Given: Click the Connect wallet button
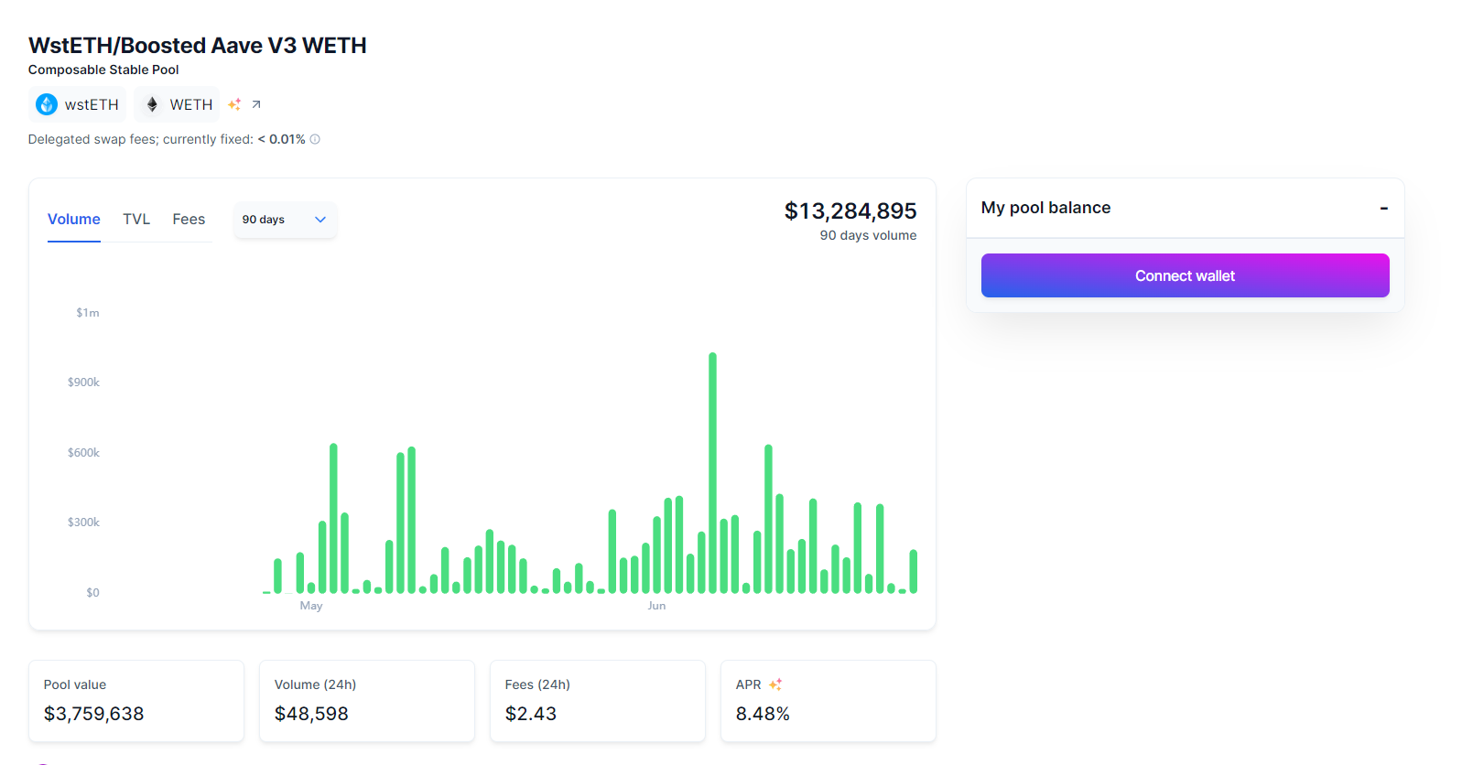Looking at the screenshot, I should (1185, 275).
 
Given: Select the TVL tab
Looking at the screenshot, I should (136, 220).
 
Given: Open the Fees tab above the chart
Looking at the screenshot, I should (189, 220).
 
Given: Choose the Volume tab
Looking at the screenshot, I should (74, 220).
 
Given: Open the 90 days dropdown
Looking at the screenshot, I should (285, 220).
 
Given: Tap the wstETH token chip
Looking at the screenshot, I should (78, 104).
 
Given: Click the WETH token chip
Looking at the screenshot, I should (178, 104).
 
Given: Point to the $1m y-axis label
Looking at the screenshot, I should (88, 313).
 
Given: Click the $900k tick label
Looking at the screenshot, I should (83, 382).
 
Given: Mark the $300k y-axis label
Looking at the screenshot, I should (83, 523).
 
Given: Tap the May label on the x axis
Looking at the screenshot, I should (311, 606).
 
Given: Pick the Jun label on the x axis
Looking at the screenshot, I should (656, 606).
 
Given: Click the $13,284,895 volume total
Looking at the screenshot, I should (850, 211).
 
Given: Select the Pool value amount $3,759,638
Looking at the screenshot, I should (94, 714).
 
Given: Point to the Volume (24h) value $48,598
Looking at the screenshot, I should (311, 714).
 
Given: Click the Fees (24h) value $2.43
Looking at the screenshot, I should (531, 714).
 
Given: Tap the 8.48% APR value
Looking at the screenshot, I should (763, 714).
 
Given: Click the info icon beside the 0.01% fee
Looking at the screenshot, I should (315, 139).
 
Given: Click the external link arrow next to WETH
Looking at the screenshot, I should (256, 104).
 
